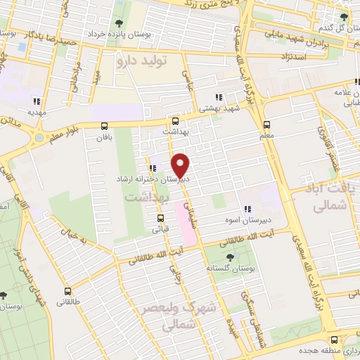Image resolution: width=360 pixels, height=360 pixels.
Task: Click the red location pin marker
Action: (x=182, y=165)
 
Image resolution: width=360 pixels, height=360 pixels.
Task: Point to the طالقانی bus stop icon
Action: (x=67, y=291)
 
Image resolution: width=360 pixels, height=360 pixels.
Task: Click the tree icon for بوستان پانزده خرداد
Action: (x=116, y=23)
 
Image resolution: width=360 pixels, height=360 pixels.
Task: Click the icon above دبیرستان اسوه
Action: (x=247, y=208)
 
